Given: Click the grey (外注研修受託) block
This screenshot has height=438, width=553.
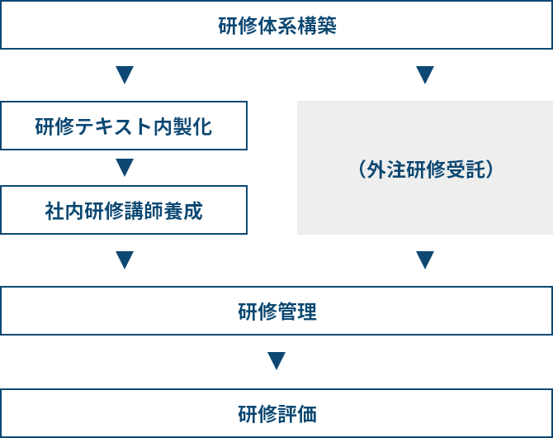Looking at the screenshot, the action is pos(425,168).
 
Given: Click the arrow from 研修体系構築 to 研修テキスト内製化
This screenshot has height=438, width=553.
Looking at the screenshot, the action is pos(125,74).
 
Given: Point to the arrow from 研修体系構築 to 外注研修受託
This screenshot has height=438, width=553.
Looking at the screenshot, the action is pos(425,74).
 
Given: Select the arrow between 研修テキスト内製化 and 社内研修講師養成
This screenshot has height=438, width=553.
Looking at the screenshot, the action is pos(125,168).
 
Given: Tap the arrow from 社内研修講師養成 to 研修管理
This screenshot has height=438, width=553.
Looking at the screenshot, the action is pos(125,260).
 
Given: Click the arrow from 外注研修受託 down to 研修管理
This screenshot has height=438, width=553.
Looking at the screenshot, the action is pos(425,260).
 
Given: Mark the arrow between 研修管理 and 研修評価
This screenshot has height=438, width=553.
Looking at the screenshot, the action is pos(276,360).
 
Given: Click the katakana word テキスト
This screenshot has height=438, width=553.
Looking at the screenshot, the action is pos(113,126).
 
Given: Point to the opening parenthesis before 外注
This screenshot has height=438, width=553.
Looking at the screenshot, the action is pos(362,169).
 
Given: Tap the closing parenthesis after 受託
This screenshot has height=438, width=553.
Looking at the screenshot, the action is pos(489,169).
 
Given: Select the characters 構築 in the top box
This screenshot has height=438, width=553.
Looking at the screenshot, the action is pos(317,26).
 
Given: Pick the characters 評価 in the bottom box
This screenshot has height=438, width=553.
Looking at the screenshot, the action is pos(296,414).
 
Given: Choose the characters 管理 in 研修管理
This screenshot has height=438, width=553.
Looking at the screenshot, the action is pos(296,312).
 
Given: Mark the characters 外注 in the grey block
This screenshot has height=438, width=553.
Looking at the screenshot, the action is pos(386,169).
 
